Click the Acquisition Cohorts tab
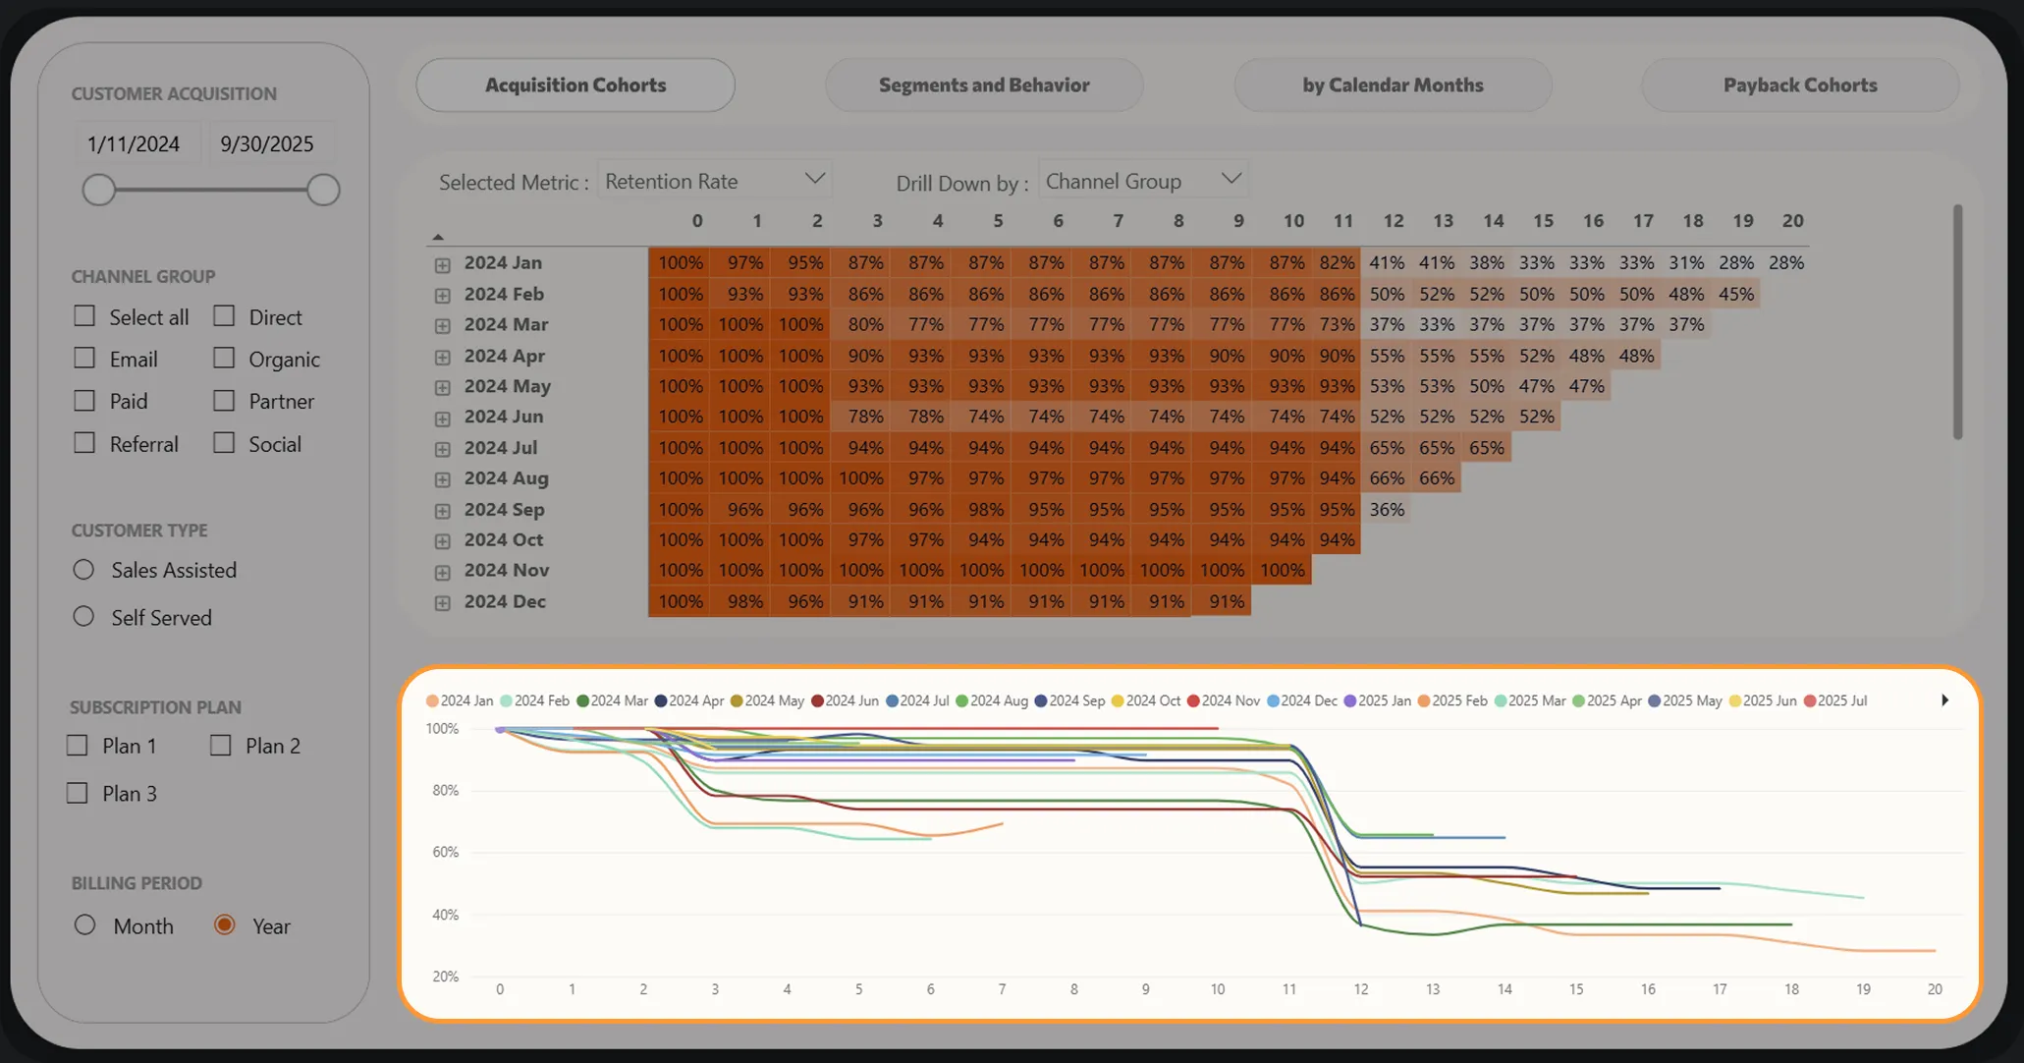click(x=575, y=85)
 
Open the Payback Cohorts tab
click(x=1800, y=85)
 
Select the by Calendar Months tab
click(x=1393, y=85)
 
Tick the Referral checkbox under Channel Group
click(x=85, y=443)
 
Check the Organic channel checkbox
click(x=225, y=359)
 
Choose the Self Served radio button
click(x=84, y=617)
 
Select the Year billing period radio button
click(x=225, y=925)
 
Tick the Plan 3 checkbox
click(x=78, y=793)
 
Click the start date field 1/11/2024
click(x=134, y=144)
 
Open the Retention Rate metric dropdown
click(x=715, y=181)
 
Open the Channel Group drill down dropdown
click(x=1143, y=181)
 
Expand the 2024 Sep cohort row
click(x=443, y=511)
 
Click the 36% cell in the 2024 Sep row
click(x=1387, y=509)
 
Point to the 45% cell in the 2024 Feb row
click(x=1735, y=294)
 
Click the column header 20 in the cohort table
click(x=1792, y=221)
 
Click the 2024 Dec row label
click(x=505, y=601)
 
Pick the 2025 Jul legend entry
click(x=1835, y=700)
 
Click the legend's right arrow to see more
click(x=1944, y=700)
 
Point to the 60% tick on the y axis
click(x=445, y=852)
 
